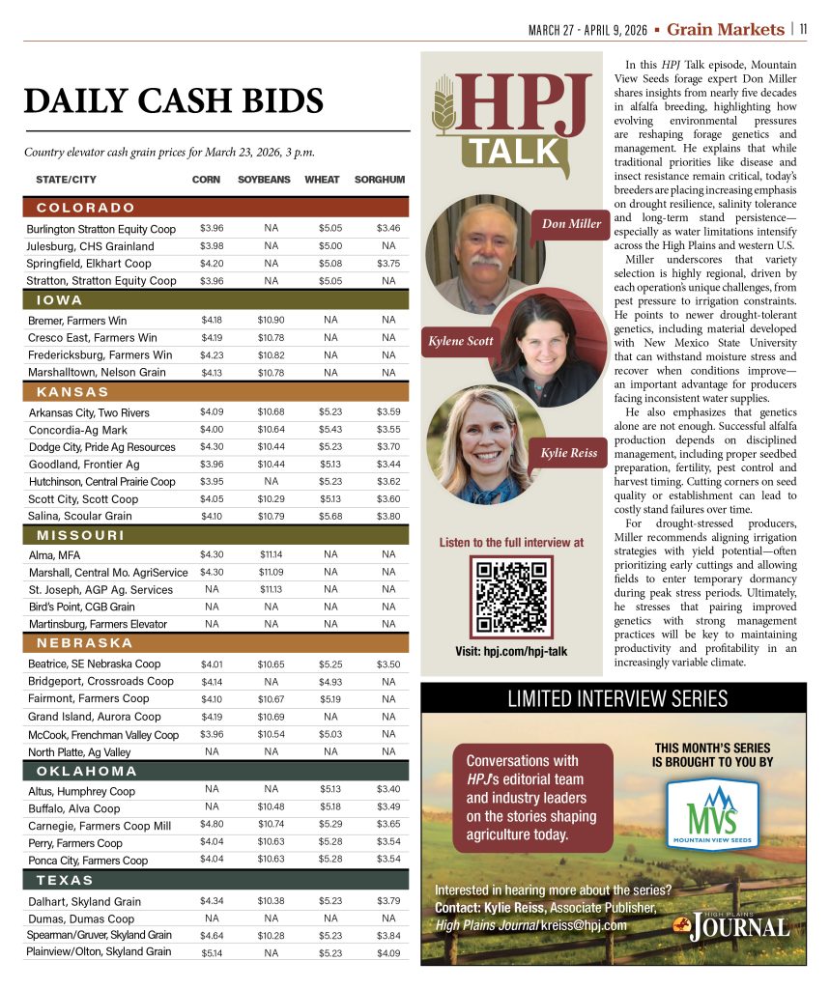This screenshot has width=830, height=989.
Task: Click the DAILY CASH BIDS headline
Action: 174,101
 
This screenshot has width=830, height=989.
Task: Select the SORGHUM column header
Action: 380,180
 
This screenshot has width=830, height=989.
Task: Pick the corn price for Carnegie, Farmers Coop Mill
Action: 212,825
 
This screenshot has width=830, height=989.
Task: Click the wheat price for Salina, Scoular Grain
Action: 330,516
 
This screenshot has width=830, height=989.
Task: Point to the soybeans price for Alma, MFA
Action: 272,554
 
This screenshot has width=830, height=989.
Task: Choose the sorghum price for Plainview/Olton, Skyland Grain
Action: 389,952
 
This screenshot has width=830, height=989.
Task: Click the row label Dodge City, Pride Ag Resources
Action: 101,447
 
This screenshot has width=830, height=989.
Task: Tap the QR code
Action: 511,597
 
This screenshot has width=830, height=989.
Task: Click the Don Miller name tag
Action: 571,224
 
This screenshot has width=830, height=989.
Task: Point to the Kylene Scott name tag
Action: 461,341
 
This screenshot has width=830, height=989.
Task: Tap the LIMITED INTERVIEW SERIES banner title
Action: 614,698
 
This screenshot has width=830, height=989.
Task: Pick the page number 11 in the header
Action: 803,29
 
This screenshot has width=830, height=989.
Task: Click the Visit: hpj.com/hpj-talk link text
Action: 511,652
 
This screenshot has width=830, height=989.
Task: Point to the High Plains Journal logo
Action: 731,925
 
